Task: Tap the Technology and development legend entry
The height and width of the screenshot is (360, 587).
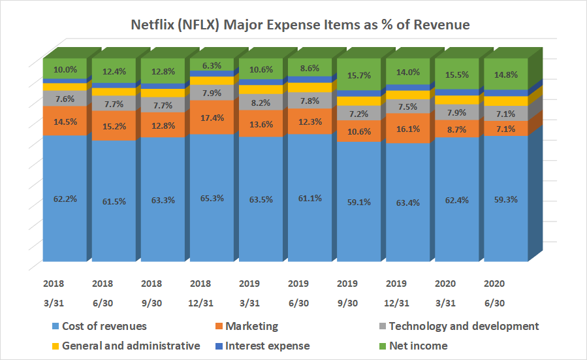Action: (463, 326)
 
